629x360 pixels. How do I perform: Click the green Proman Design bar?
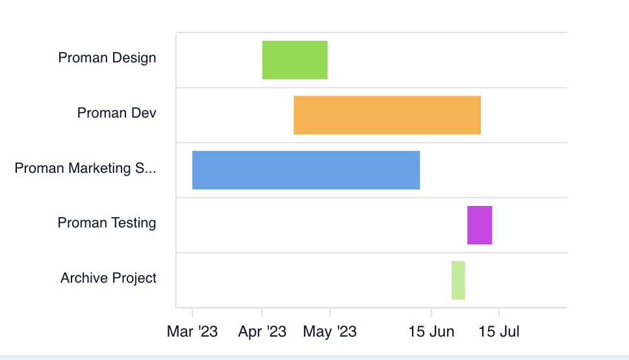(x=294, y=60)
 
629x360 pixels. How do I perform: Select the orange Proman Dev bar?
(x=387, y=115)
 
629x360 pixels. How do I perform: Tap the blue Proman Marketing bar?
(x=305, y=170)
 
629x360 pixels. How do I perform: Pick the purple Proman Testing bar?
(x=479, y=225)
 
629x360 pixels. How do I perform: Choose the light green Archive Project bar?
(x=458, y=280)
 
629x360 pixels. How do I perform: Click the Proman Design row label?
(x=107, y=58)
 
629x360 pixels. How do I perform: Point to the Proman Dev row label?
(x=117, y=113)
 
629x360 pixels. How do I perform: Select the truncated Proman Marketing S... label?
(x=85, y=168)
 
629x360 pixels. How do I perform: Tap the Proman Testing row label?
(x=107, y=223)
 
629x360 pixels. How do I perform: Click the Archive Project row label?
(x=109, y=278)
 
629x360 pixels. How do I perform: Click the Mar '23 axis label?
(x=192, y=331)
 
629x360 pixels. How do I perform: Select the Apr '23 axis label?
(x=263, y=331)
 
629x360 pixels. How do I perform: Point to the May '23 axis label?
(x=329, y=331)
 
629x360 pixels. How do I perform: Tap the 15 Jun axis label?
(x=431, y=331)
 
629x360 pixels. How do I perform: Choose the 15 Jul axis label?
(x=499, y=331)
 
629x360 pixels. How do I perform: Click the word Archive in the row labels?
(x=83, y=278)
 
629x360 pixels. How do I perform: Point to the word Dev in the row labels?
(x=144, y=113)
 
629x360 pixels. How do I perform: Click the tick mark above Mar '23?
(x=192, y=311)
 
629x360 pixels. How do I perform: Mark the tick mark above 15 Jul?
(x=499, y=311)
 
